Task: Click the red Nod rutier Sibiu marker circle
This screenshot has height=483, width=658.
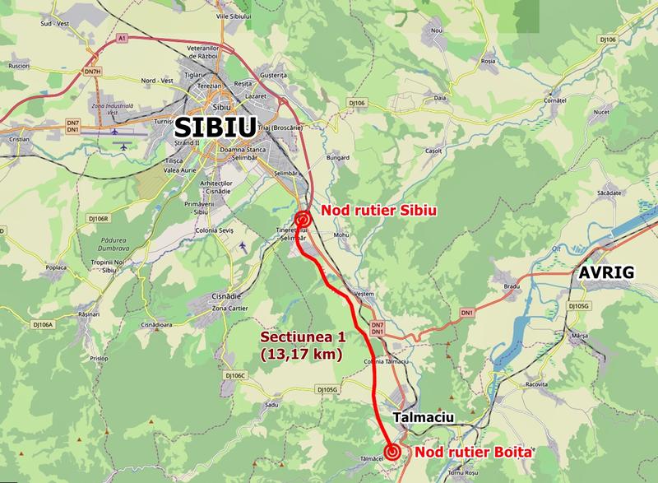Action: click(x=303, y=220)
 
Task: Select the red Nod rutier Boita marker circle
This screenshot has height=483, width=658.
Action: click(x=393, y=451)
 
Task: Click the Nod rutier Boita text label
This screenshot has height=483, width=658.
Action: click(x=474, y=452)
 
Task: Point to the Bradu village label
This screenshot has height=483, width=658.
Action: click(x=513, y=286)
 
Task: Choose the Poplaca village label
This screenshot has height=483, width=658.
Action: click(x=56, y=267)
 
